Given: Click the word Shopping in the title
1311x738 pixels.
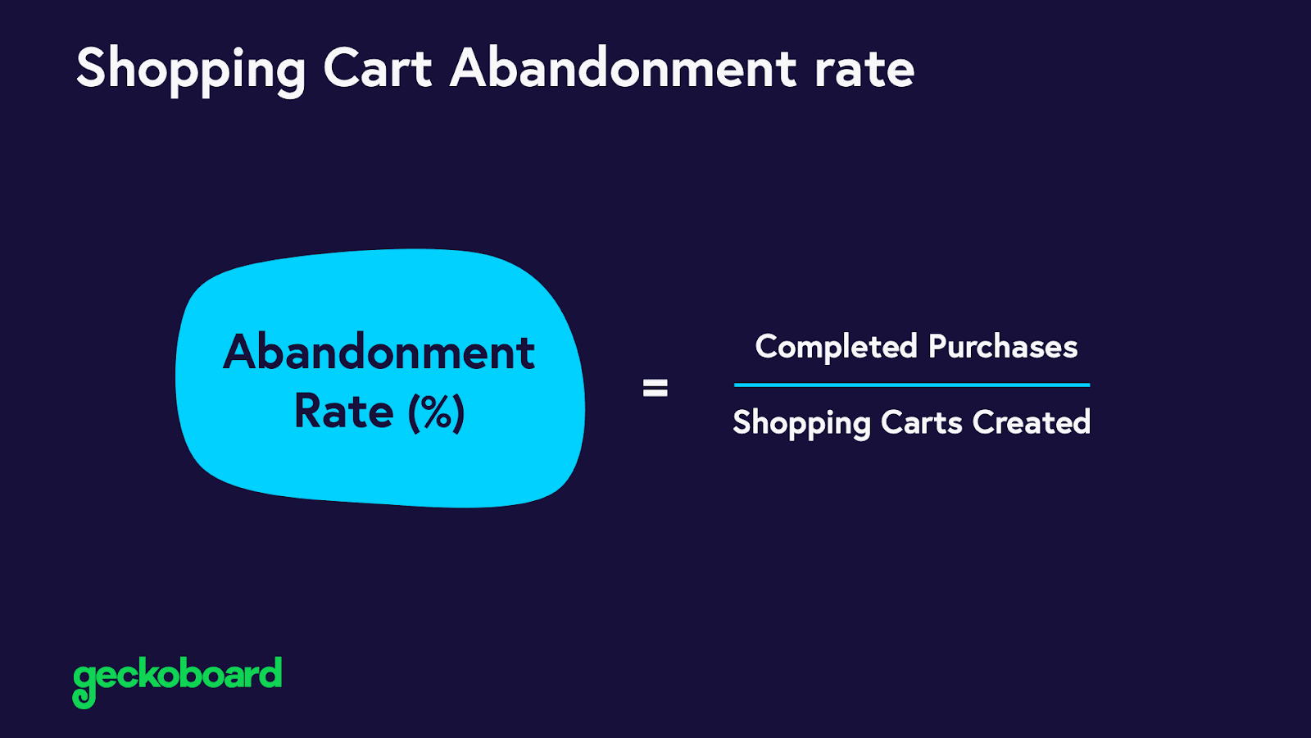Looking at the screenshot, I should tap(190, 70).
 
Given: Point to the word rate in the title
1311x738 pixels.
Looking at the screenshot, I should tap(864, 70).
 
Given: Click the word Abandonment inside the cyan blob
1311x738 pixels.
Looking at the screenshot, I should tap(379, 353).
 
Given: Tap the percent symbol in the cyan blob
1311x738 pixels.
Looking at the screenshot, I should tap(437, 412).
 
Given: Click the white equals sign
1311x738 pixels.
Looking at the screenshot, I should tap(655, 388).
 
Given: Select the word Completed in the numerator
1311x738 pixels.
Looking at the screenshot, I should tap(836, 347).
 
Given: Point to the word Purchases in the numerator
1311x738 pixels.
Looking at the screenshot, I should tap(1003, 347).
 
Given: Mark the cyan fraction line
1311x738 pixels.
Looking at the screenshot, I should tap(912, 385).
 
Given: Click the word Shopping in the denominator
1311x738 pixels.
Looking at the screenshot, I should tap(801, 424).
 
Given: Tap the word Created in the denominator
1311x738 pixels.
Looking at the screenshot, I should tap(1032, 423).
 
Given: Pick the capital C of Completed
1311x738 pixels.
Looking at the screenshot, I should tap(768, 347).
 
